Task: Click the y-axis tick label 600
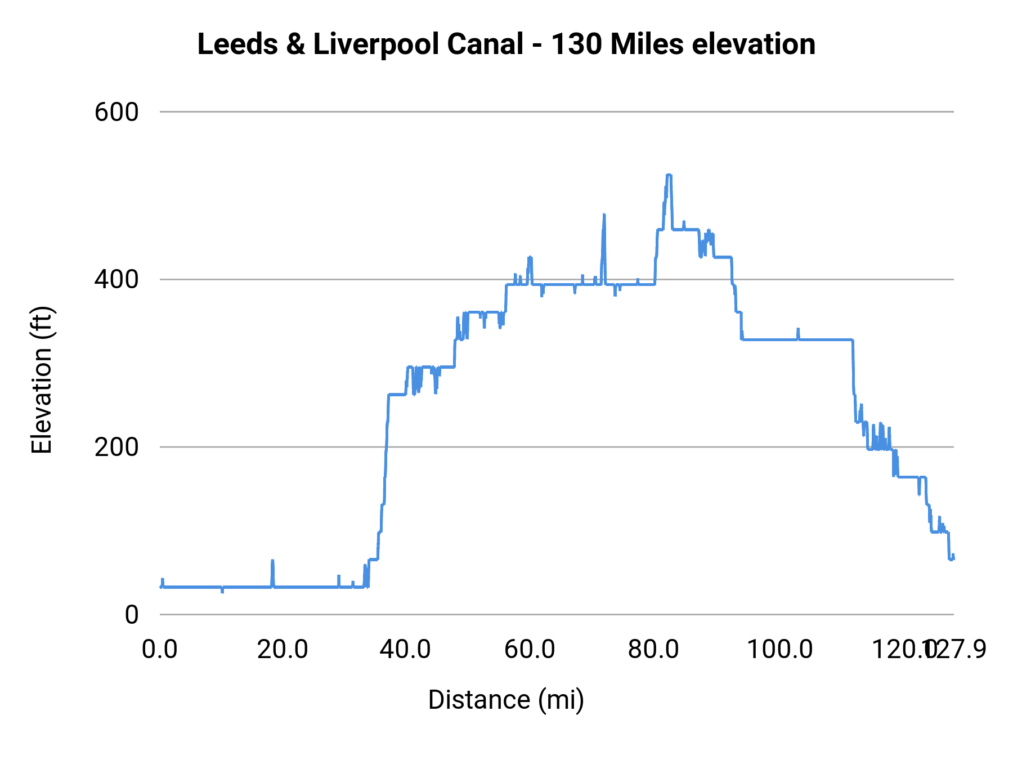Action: point(116,113)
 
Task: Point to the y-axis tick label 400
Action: point(116,280)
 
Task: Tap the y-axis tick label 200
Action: point(116,448)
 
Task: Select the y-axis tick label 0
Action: point(131,615)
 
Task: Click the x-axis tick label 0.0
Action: point(160,650)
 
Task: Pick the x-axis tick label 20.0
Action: point(283,650)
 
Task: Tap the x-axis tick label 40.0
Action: point(405,650)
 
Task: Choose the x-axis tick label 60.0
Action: point(530,650)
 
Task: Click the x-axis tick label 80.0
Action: point(653,650)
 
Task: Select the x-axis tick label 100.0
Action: point(779,650)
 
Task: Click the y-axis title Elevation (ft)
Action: point(42,380)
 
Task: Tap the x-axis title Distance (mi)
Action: point(506,700)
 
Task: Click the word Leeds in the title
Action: point(237,44)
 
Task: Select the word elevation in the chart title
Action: point(754,44)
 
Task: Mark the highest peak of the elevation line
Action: point(669,175)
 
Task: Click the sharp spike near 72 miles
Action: point(604,215)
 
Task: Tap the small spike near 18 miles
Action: point(272,561)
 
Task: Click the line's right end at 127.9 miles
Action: point(953,558)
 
